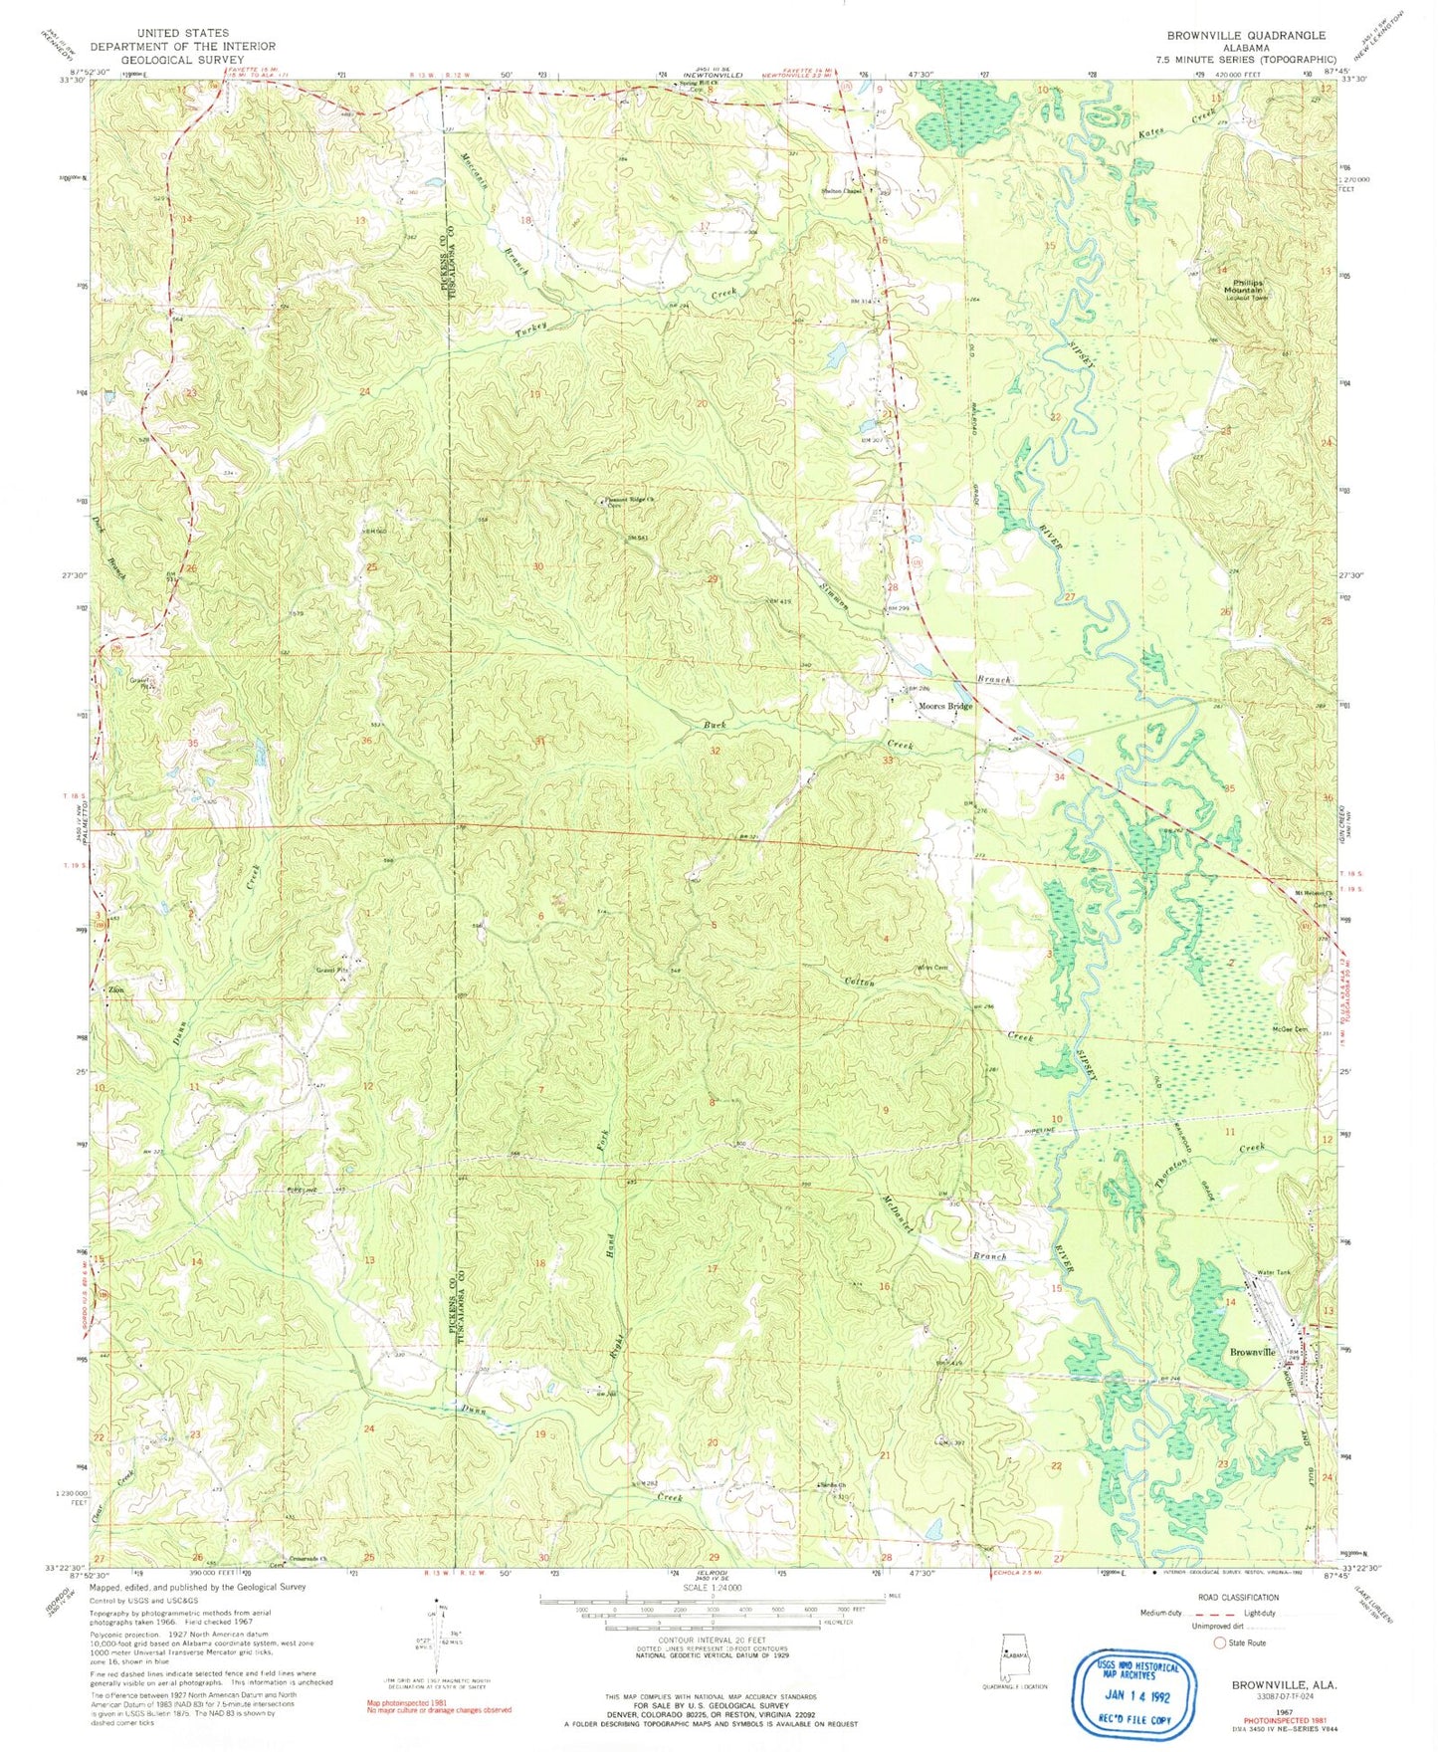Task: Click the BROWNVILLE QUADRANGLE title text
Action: tap(1246, 35)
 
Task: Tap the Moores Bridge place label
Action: tap(945, 707)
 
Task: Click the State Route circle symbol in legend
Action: tap(1219, 1643)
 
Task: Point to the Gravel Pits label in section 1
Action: tap(333, 969)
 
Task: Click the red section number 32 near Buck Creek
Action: tap(715, 751)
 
